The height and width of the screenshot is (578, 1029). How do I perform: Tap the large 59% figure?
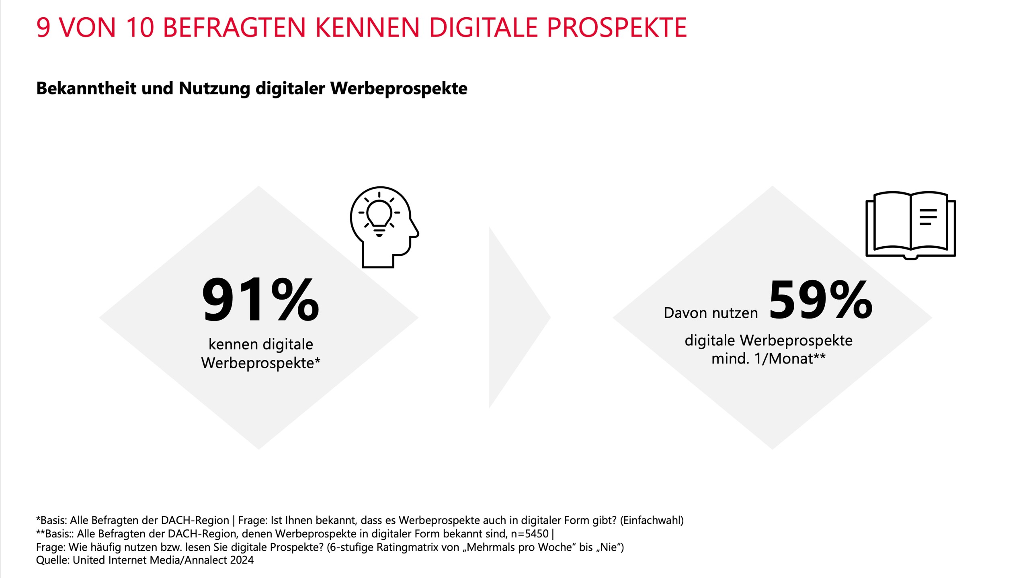click(820, 300)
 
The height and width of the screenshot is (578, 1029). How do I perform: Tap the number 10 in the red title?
click(139, 28)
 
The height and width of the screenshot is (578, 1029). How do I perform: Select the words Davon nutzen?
click(710, 313)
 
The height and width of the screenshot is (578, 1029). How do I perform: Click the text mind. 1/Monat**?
click(768, 358)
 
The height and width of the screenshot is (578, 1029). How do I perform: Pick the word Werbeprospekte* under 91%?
click(260, 363)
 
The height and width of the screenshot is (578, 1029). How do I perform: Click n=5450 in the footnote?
click(529, 534)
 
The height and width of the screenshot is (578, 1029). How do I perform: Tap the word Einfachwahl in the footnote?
click(652, 521)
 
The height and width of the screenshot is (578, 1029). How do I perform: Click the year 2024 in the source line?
click(242, 560)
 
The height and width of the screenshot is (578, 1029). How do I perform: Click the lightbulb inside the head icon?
click(379, 215)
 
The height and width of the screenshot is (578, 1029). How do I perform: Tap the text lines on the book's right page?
click(928, 217)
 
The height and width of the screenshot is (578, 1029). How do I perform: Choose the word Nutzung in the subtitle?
click(214, 88)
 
